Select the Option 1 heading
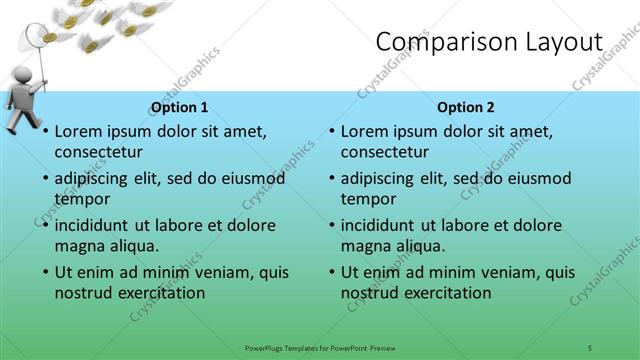180,107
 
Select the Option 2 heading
466,107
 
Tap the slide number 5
590,347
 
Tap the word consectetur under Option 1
98,152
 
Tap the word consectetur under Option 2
385,152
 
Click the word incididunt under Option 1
97,225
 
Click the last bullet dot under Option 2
330,272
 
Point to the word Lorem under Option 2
365,131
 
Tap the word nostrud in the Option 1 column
85,293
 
